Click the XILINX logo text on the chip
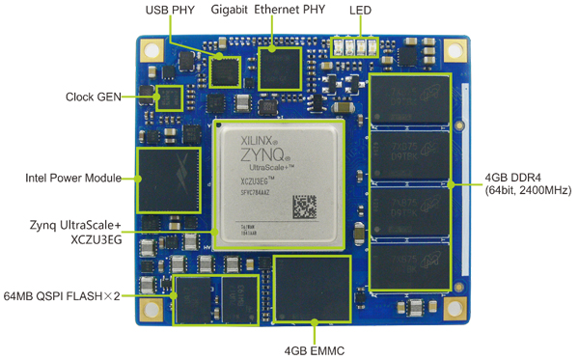258,141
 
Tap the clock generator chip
170,97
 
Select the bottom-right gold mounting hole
445,309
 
